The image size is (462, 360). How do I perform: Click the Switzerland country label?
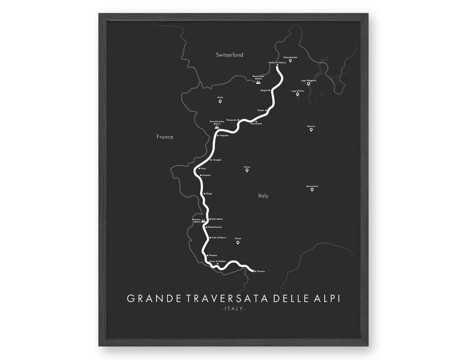(229, 55)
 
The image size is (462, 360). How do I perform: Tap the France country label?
(165, 137)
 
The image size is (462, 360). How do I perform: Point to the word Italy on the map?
(264, 196)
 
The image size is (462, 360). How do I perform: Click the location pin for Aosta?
(220, 102)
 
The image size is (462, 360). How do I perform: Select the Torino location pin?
(247, 171)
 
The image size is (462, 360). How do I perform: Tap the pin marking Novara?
(311, 130)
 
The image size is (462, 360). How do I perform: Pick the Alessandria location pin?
(312, 189)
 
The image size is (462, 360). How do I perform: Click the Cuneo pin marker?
(238, 243)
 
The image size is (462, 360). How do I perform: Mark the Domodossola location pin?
(290, 61)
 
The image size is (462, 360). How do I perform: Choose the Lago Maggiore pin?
(308, 84)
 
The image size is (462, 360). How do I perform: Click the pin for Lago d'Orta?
(297, 94)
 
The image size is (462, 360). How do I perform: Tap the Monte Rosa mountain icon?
(258, 83)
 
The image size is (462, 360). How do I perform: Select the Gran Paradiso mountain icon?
(217, 127)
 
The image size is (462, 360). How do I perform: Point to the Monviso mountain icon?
(204, 221)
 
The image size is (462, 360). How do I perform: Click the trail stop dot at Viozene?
(255, 271)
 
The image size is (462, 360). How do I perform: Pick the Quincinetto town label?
(256, 124)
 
